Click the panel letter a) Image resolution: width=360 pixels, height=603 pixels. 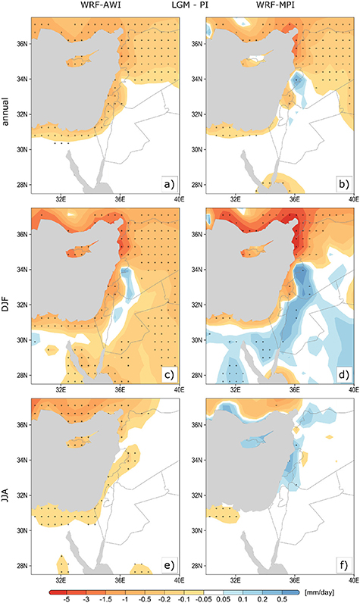(x=169, y=184)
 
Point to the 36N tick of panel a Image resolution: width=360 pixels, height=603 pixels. (x=21, y=44)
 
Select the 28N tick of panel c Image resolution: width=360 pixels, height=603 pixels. (x=21, y=374)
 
